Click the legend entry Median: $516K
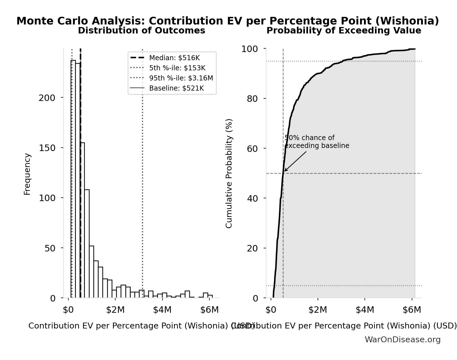click(x=174, y=58)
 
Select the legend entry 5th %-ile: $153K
click(x=177, y=68)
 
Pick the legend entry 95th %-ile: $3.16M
click(x=181, y=78)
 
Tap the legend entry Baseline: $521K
click(x=176, y=88)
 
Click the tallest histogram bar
click(x=73, y=180)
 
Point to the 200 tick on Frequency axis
click(x=47, y=98)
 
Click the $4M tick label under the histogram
click(x=162, y=310)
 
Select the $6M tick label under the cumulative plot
click(x=412, y=310)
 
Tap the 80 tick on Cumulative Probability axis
click(x=252, y=99)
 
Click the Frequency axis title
click(x=27, y=174)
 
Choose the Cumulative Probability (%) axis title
click(x=229, y=173)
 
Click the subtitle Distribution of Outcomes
click(x=141, y=31)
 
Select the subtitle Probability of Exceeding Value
click(x=344, y=31)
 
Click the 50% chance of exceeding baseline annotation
click(x=317, y=142)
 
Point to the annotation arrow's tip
click(x=284, y=171)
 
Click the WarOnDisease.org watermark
click(x=402, y=340)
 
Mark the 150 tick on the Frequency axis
click(x=47, y=148)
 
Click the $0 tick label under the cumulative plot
click(x=271, y=310)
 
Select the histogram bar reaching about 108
click(x=87, y=244)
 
